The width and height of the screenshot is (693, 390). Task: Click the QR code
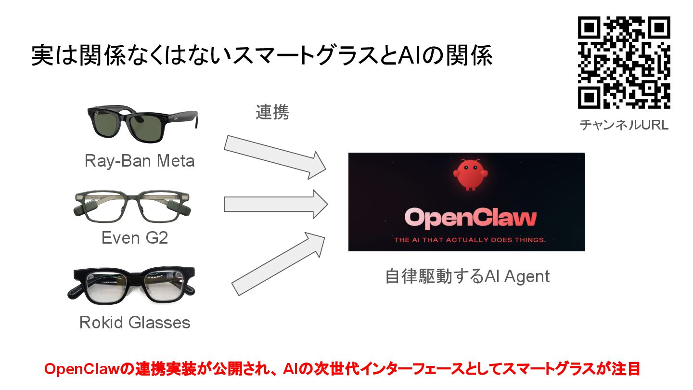[624, 63]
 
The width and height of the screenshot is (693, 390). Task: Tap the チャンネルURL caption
[624, 125]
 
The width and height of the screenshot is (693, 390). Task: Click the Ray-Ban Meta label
[140, 160]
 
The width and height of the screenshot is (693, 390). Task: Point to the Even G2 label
[135, 237]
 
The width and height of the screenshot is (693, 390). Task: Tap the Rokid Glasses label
[135, 322]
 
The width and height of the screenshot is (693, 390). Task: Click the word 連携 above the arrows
[272, 112]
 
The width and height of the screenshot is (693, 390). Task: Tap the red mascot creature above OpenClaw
[467, 174]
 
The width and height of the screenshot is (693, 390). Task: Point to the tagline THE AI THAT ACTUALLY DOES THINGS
[470, 239]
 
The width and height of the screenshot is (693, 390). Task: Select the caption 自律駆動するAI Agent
[467, 277]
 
